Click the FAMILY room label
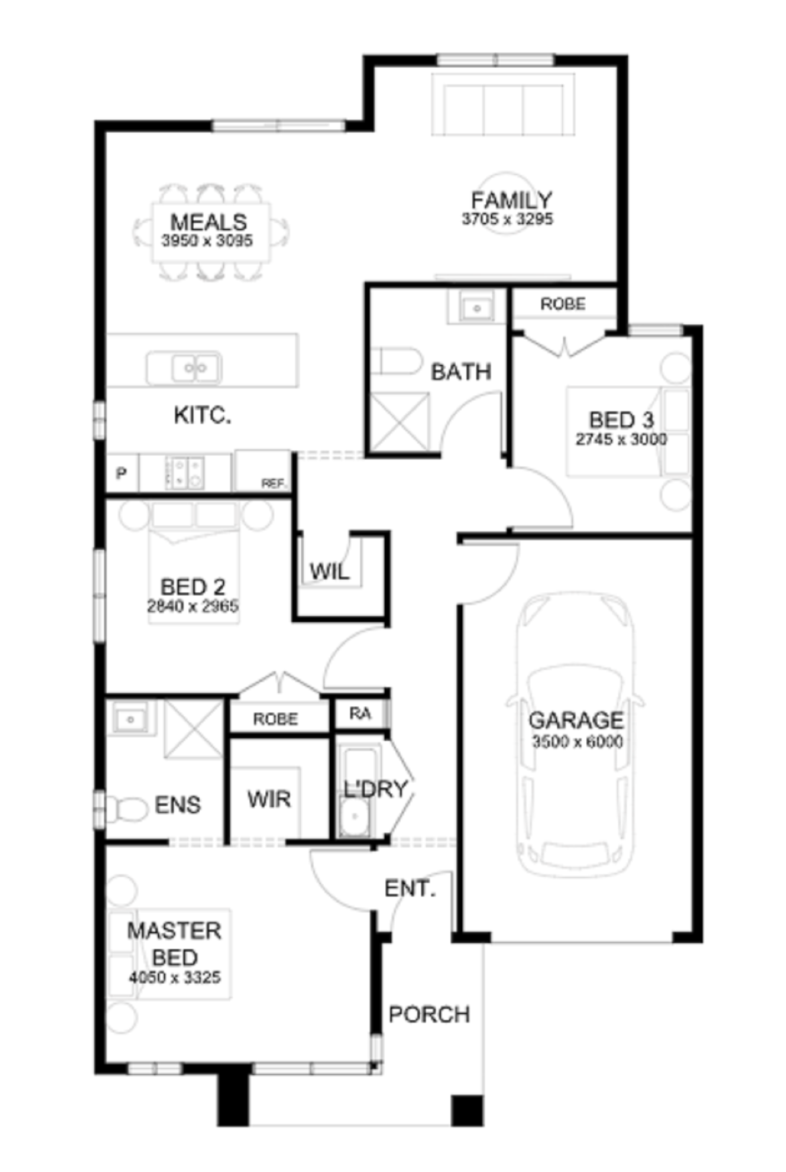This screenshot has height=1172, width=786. click(511, 200)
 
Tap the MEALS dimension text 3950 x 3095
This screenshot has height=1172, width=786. click(207, 240)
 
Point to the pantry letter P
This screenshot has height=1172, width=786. click(121, 473)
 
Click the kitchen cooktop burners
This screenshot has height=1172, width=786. click(186, 472)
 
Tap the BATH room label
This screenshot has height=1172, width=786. click(461, 372)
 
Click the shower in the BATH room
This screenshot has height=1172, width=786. click(400, 422)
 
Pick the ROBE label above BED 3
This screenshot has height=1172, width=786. click(563, 304)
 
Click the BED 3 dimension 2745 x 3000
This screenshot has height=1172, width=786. click(621, 439)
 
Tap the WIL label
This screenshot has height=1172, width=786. click(329, 572)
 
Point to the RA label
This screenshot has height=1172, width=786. click(360, 713)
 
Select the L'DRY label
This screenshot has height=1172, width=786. click(376, 789)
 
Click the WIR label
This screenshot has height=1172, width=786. click(269, 799)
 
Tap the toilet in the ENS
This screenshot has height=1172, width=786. click(127, 809)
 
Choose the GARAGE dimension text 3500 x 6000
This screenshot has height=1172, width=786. click(577, 741)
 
